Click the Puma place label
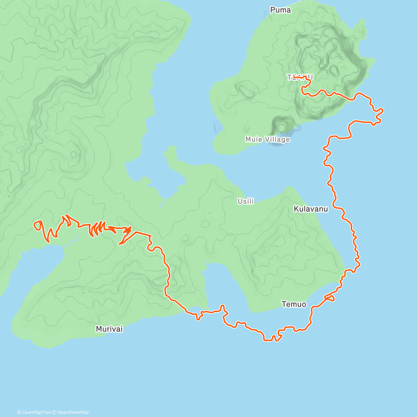click(280, 10)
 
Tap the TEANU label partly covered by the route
click(300, 77)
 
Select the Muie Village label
click(267, 139)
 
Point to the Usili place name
click(246, 201)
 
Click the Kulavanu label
click(311, 209)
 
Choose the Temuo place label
click(294, 304)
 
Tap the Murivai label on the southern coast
click(109, 329)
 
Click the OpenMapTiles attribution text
click(34, 412)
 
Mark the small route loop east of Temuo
click(330, 298)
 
